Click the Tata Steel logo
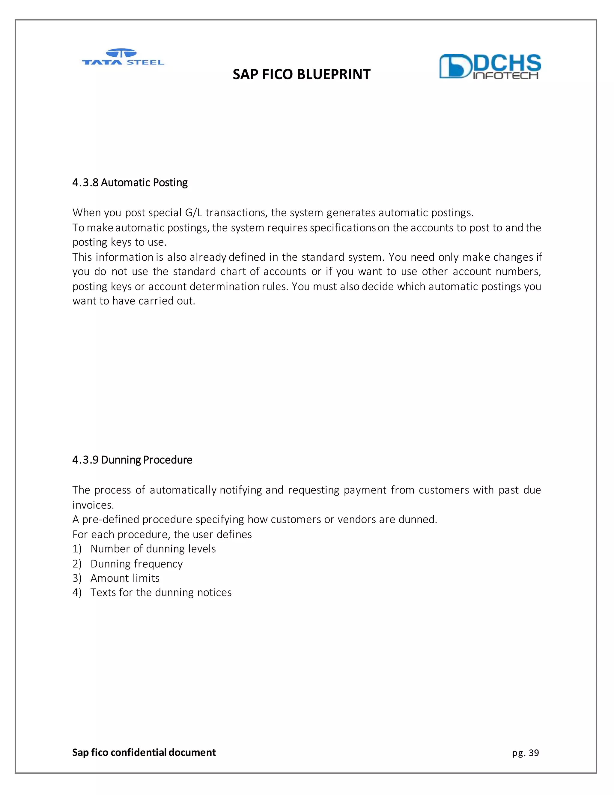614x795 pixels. click(x=123, y=58)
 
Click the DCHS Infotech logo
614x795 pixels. click(x=490, y=66)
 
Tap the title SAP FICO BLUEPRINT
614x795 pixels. click(x=301, y=74)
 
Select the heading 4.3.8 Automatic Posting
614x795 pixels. click(x=130, y=182)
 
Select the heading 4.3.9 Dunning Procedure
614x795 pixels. click(x=132, y=460)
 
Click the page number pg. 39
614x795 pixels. click(x=525, y=753)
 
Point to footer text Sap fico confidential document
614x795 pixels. click(x=144, y=752)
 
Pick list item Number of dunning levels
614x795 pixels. click(x=153, y=549)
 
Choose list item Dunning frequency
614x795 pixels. click(x=136, y=563)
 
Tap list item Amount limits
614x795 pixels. click(x=125, y=578)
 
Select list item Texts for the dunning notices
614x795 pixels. click(x=161, y=592)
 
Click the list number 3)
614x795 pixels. click(x=77, y=578)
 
